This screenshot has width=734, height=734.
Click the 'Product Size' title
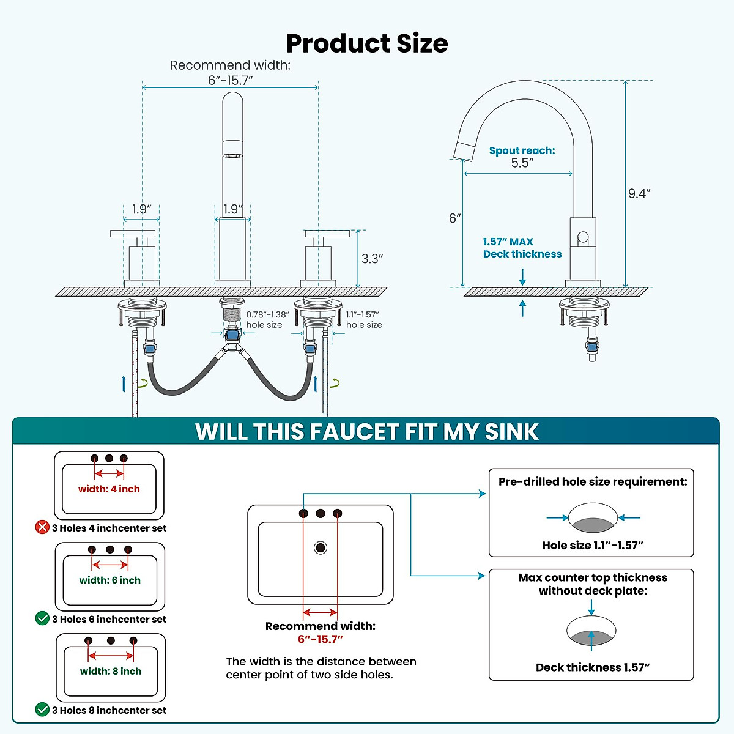pos(367,43)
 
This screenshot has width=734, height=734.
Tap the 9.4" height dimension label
pos(639,194)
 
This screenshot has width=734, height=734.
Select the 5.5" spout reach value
pos(522,163)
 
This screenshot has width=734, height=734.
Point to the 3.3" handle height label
pos(372,259)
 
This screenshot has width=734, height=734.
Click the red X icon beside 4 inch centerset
pos(42,527)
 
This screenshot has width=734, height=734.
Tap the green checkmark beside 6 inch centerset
pos(42,618)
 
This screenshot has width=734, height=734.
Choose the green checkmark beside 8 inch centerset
pos(42,710)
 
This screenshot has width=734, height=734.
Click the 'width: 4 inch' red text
pos(109,489)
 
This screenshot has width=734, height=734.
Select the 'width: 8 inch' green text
pos(111,671)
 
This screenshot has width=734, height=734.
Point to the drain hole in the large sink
pos(321,547)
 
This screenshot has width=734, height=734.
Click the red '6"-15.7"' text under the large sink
pos(321,639)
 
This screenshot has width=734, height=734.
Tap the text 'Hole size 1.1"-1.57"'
pos(593,545)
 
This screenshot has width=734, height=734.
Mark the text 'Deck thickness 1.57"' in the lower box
pos(593,667)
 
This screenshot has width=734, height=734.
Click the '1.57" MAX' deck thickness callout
pos(508,242)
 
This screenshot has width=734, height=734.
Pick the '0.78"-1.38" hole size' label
pos(267,319)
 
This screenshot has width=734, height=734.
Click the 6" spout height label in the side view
pos(454,218)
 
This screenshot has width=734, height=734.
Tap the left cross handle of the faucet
pos(133,234)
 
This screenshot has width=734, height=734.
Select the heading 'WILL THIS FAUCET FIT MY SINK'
pos(367,432)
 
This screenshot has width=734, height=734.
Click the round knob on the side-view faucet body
pos(583,237)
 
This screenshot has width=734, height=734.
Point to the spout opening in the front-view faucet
pos(232,155)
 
